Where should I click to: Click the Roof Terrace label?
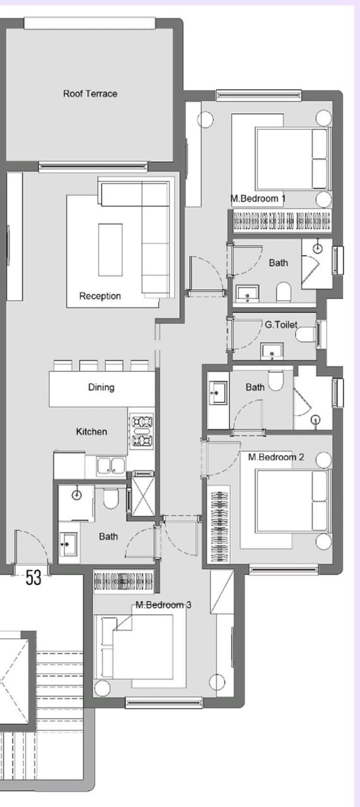(x=90, y=94)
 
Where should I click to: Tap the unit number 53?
(x=33, y=578)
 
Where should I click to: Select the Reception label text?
(x=100, y=296)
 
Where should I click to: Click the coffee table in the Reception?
(x=110, y=250)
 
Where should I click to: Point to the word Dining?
(x=102, y=387)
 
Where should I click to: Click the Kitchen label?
(x=91, y=432)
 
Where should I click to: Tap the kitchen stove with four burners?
(x=142, y=431)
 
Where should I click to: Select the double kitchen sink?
(x=111, y=465)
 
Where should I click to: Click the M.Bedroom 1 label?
(x=258, y=199)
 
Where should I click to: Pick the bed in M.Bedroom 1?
(x=293, y=158)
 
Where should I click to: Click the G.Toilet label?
(x=281, y=325)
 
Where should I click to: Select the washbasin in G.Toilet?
(x=272, y=352)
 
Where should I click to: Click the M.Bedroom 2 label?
(x=276, y=457)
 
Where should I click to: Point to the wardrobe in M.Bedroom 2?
(x=218, y=526)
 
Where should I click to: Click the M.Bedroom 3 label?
(x=163, y=605)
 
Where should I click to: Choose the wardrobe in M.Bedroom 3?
(x=124, y=581)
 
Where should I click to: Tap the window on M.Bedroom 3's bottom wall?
(x=163, y=702)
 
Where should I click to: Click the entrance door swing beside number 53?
(x=32, y=548)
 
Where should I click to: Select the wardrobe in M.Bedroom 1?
(x=282, y=221)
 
